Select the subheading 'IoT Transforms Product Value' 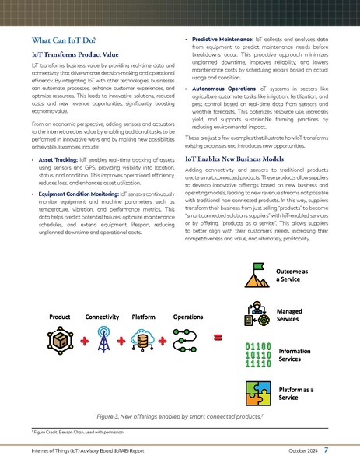[75, 55]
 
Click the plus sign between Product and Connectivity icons [82, 341]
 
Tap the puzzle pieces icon [256, 392]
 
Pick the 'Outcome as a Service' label [293, 275]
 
